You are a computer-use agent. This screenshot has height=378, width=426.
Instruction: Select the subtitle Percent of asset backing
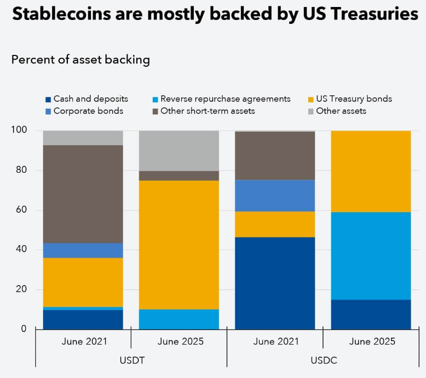point(80,60)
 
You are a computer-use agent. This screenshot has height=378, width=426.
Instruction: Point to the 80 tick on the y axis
point(21,170)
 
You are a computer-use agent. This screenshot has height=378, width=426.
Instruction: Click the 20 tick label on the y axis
point(21,290)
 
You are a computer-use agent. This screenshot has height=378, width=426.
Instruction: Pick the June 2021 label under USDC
point(275,342)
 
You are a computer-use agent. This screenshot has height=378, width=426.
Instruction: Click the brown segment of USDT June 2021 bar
point(83,194)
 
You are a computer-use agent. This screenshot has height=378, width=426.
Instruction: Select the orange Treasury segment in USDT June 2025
point(179,245)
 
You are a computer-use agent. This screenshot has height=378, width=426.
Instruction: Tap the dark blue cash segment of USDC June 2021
point(275,283)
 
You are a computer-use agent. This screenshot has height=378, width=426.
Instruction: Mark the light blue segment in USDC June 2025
point(371,256)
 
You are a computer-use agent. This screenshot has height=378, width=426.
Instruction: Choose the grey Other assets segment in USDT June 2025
point(179,150)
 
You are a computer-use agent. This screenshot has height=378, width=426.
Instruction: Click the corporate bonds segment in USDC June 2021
point(275,195)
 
